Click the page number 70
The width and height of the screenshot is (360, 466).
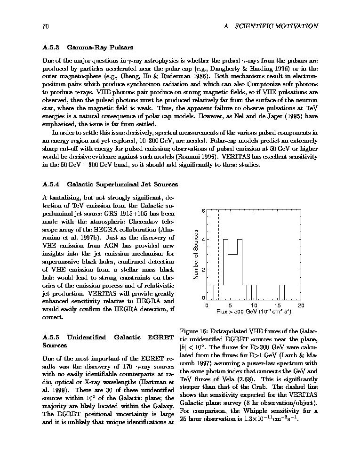(46, 26)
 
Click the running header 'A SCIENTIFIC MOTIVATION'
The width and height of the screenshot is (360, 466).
(271, 26)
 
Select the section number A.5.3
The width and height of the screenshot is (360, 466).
(50, 48)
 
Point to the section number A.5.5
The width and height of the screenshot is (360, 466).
(50, 337)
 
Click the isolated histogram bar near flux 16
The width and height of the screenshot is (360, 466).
(282, 292)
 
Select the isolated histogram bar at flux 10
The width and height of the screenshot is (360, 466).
(254, 292)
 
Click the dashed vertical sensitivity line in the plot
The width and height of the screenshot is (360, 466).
(218, 254)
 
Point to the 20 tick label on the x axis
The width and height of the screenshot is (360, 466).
(301, 305)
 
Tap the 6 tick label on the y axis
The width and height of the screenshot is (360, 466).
(203, 211)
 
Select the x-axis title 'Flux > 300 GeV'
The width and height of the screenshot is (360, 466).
(254, 312)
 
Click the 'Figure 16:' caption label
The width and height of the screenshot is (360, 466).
(194, 331)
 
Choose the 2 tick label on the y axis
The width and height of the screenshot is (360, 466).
(203, 270)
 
